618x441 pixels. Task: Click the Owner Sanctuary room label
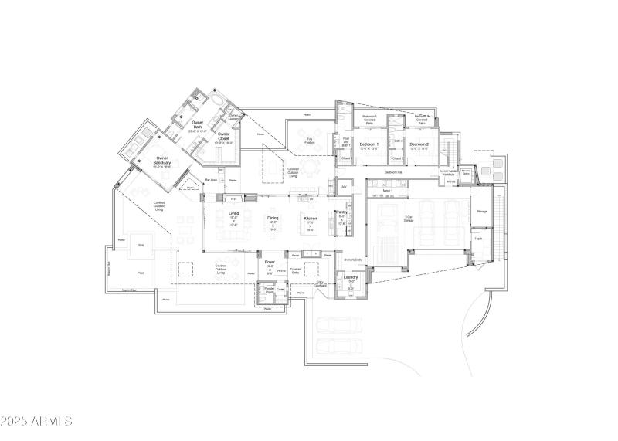tap(162, 159)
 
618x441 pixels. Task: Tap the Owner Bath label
tap(198, 124)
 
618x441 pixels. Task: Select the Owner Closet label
tap(223, 137)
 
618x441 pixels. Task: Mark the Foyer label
tap(270, 263)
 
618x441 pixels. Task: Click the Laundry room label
tap(351, 277)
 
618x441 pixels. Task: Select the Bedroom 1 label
tap(370, 144)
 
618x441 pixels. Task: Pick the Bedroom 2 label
tap(419, 144)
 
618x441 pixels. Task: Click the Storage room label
tap(481, 211)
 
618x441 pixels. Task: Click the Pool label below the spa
tap(140, 273)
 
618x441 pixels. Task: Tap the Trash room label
tap(478, 239)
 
